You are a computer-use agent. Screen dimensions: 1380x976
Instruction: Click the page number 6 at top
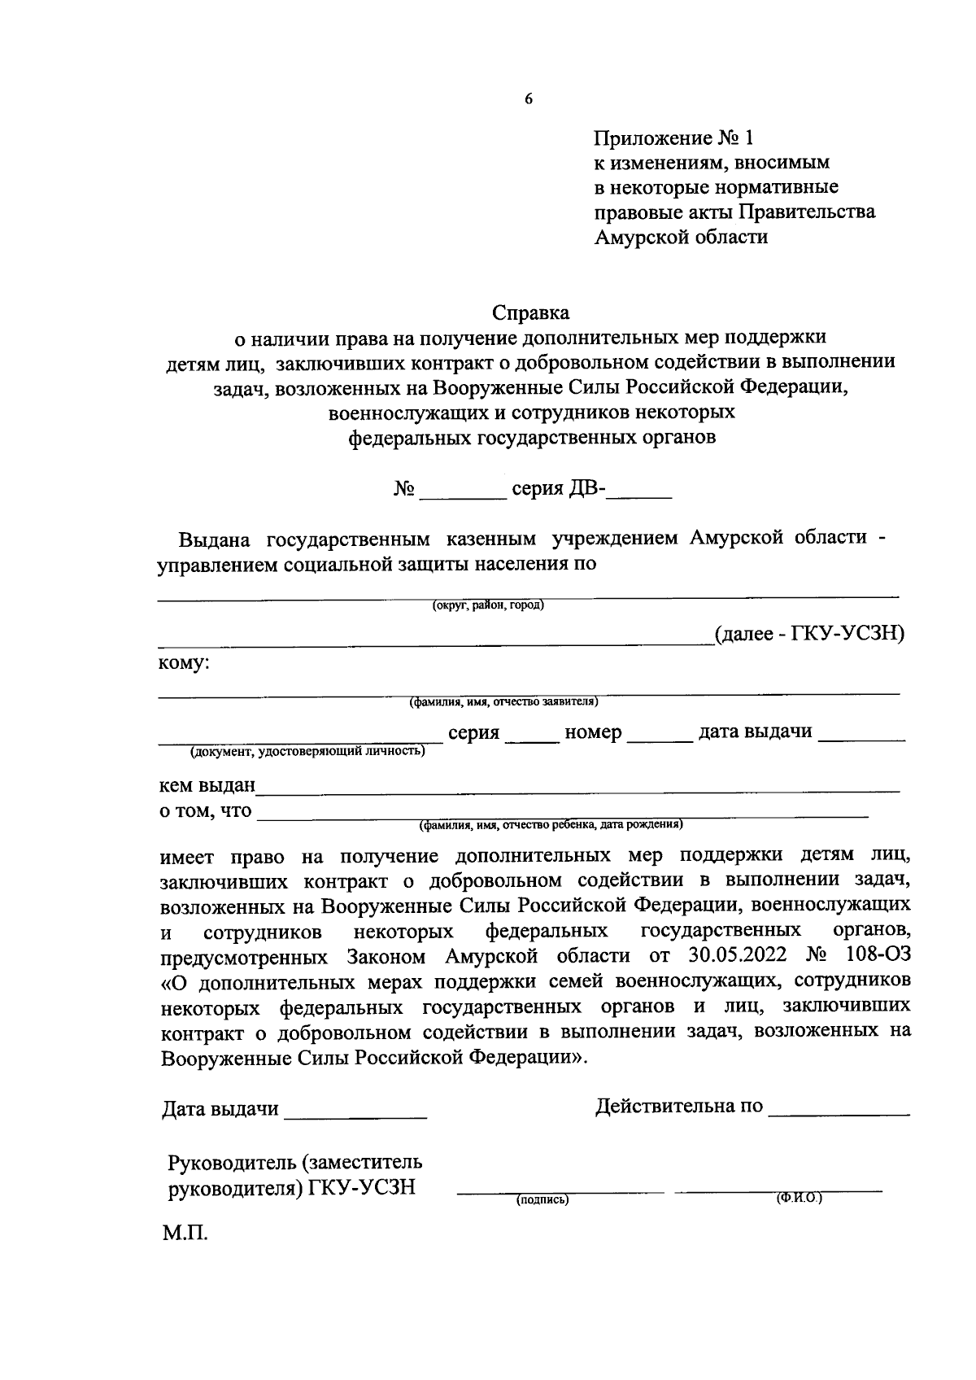(x=528, y=99)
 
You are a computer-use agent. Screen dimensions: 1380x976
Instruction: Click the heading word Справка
(x=531, y=312)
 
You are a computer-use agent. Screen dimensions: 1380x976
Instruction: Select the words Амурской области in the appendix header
(x=681, y=238)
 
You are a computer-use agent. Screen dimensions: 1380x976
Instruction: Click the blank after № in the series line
(x=461, y=490)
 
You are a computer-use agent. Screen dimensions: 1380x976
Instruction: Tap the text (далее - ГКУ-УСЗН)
(x=808, y=634)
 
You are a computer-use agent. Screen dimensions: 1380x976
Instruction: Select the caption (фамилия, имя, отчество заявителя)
(x=503, y=701)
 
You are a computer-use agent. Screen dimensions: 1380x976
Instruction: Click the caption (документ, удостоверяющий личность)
(x=307, y=752)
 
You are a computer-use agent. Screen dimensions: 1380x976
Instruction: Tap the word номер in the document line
(x=593, y=732)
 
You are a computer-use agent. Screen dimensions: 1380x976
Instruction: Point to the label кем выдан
(x=207, y=786)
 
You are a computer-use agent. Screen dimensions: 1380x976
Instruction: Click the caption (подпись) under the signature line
(x=542, y=1200)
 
